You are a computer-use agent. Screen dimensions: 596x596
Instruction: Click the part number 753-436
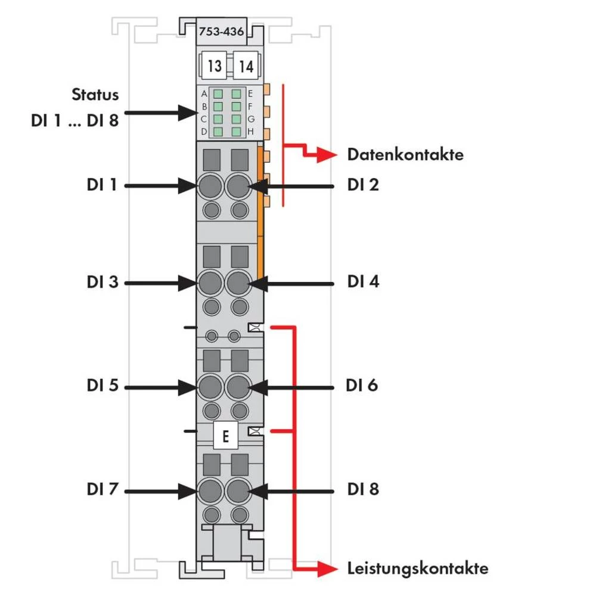coord(221,32)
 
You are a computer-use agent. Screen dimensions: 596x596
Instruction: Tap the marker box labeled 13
coord(215,66)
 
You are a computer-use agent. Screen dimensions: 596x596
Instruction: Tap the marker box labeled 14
coord(245,66)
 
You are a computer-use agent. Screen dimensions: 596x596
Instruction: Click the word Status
coord(95,94)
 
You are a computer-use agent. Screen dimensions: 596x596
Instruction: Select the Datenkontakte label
coord(405,155)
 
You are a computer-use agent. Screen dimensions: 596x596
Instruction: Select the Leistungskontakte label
coord(418,568)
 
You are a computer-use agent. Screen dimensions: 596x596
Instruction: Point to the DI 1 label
coord(103,185)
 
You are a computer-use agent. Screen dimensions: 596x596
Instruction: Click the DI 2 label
coord(363,185)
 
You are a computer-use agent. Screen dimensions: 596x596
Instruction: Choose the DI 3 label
coord(103,282)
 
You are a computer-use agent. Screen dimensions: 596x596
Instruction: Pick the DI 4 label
coord(363,282)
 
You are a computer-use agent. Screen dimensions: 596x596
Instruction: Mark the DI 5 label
coord(103,386)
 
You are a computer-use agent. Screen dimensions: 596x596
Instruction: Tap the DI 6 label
coord(362,386)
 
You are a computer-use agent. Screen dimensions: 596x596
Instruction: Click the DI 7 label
coord(103,490)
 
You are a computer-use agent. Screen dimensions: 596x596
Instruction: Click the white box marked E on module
coord(225,436)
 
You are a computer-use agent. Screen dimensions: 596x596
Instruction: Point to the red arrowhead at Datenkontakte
coord(324,156)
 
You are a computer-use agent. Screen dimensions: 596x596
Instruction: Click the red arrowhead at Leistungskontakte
coord(324,569)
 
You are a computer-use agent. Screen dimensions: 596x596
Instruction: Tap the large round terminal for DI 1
coord(210,187)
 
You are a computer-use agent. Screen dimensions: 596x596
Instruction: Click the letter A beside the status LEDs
coord(204,94)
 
